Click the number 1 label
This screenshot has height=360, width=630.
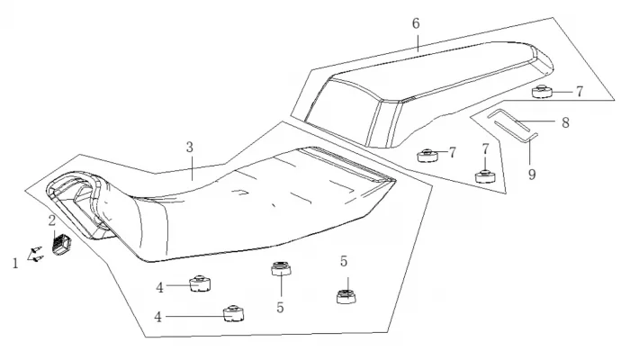coord(14,263)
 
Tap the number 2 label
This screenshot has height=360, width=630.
coord(52,220)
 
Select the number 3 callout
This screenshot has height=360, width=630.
coord(190,147)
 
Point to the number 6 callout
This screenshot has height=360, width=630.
coord(416,22)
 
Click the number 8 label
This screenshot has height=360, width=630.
coord(565,121)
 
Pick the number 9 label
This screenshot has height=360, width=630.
coord(532,174)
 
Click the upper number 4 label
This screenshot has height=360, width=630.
coord(158,287)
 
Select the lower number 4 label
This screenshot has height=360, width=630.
coord(158,316)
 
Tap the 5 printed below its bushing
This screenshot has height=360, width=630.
coord(280,306)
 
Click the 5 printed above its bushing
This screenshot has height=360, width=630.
coord(344,261)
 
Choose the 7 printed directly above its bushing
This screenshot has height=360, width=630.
coord(485,148)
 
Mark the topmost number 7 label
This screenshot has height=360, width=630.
coord(580,91)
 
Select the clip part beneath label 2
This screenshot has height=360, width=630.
coord(62,243)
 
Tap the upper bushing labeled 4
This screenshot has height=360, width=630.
coord(200,284)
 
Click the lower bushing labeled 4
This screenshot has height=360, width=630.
coord(234,312)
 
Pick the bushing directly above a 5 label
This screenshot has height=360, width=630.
coord(282,269)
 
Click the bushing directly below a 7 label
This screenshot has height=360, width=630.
coord(486,174)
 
